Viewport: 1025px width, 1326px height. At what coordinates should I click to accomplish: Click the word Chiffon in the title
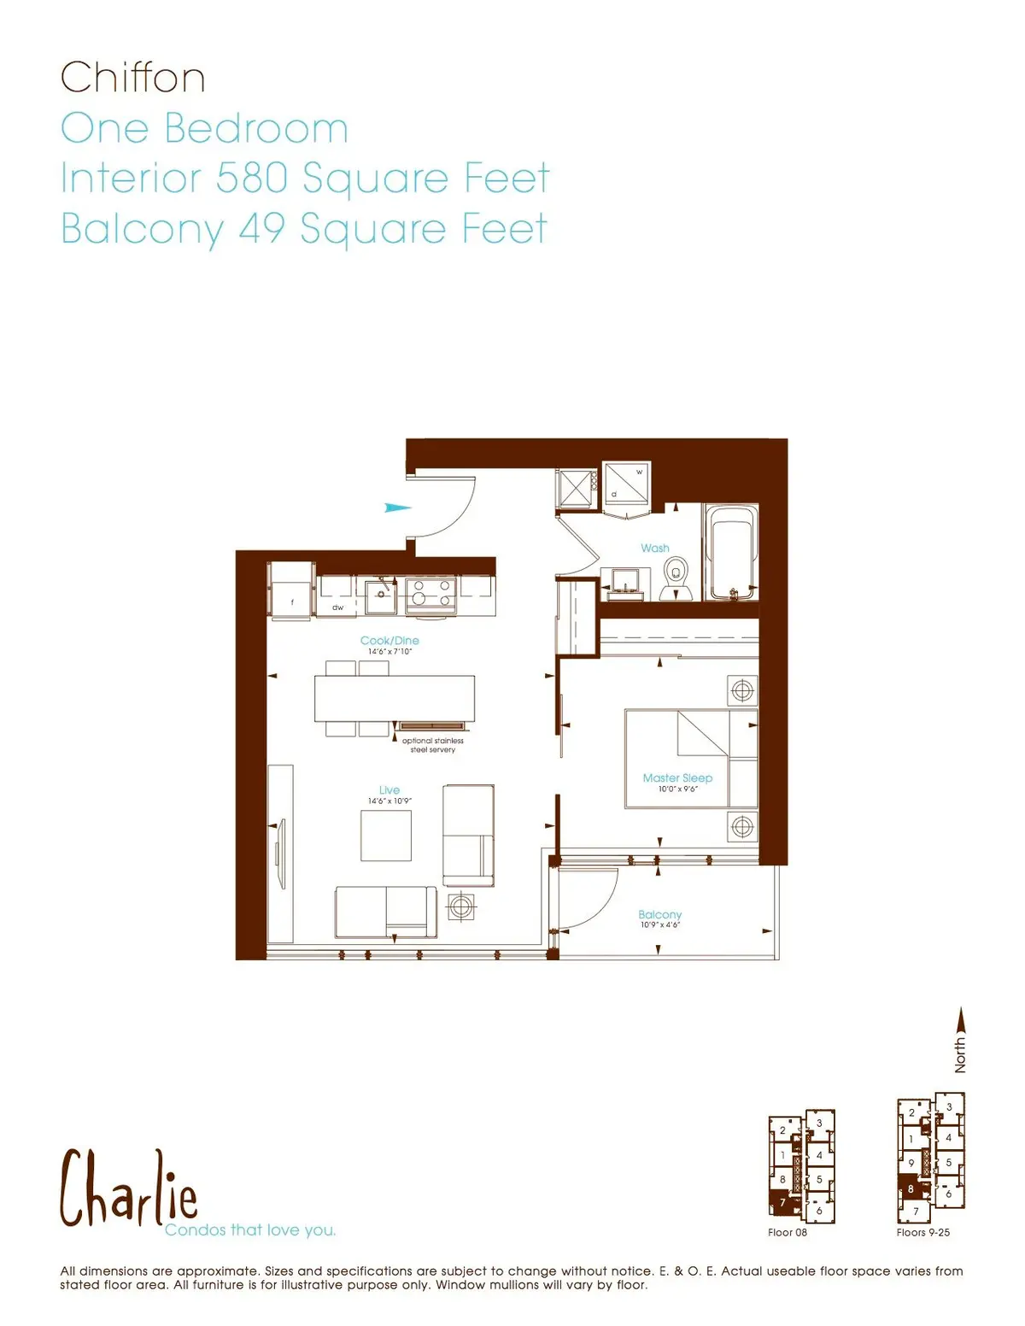click(132, 78)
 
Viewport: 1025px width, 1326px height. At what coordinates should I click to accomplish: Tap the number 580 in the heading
click(251, 178)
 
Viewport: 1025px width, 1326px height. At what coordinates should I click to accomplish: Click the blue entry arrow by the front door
click(397, 508)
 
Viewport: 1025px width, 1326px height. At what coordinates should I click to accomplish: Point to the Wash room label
click(655, 549)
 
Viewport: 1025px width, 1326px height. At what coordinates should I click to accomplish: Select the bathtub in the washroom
click(730, 550)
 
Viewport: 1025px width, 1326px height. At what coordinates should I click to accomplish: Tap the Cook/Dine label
click(389, 641)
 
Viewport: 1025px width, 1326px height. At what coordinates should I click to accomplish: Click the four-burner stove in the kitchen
click(431, 593)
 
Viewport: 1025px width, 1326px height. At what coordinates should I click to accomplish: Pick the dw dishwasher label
click(338, 607)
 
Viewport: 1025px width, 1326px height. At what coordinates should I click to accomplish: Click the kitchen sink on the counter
click(380, 596)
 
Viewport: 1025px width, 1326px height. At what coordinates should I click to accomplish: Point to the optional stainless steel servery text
click(433, 745)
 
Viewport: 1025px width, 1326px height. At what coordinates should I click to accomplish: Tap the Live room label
click(389, 790)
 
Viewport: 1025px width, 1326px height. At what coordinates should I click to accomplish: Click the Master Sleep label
click(677, 778)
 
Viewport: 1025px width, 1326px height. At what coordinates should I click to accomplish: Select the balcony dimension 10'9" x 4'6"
click(660, 925)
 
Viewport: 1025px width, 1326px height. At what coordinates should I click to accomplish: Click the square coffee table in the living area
click(386, 835)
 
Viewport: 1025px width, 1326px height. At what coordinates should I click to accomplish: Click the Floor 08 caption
click(788, 1232)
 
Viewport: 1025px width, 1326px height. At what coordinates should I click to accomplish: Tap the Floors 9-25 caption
click(923, 1232)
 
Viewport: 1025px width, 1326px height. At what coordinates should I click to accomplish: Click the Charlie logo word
click(128, 1189)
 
